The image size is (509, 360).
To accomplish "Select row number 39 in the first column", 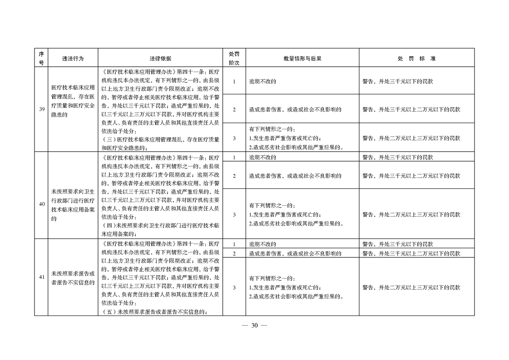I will tap(41, 110).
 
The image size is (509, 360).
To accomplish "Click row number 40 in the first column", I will tap(41, 204).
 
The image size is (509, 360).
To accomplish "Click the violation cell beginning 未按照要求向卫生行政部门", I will tap(73, 204).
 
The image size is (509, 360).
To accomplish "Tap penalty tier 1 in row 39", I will tap(234, 82).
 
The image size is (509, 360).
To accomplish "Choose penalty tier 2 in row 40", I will tap(234, 175).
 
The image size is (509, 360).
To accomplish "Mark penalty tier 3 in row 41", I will tap(234, 287).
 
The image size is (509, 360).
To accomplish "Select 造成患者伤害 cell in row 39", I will tap(295, 109).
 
